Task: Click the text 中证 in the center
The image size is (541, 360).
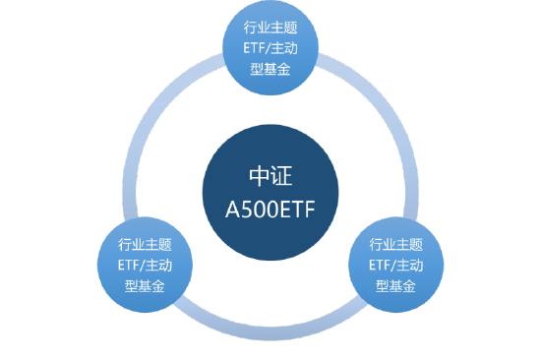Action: click(x=270, y=178)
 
